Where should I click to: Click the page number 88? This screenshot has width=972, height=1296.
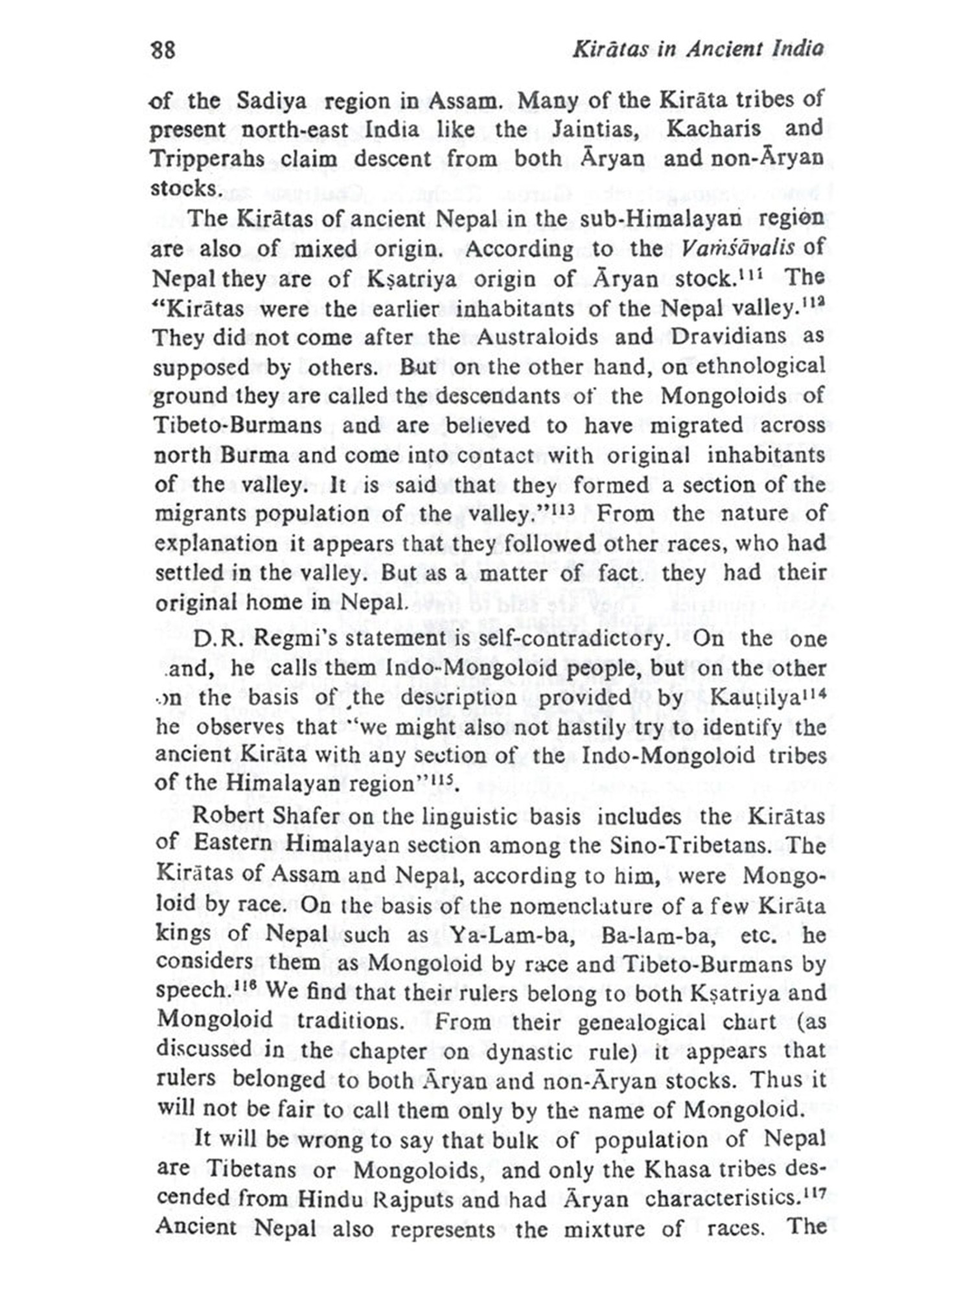[x=163, y=50]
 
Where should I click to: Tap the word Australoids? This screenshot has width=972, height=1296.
[x=537, y=337]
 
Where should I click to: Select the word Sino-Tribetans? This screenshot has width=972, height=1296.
[x=694, y=845]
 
